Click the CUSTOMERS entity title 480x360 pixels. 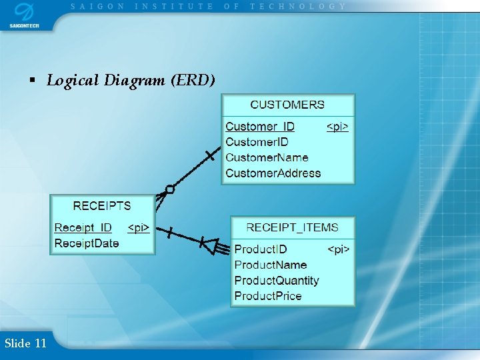click(287, 105)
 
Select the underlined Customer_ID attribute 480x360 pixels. click(260, 127)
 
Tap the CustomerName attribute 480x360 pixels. click(267, 157)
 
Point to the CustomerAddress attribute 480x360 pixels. click(273, 173)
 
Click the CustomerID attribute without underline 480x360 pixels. click(257, 142)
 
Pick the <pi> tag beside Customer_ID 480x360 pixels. click(337, 127)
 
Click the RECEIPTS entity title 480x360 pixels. click(102, 206)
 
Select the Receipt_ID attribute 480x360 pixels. click(83, 228)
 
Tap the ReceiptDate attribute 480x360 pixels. click(87, 243)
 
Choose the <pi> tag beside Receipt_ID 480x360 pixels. click(139, 228)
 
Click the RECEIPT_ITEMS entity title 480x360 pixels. click(293, 227)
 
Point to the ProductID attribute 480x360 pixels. click(261, 249)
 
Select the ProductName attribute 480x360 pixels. click(271, 265)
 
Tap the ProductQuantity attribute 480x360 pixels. click(277, 281)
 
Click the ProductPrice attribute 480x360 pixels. click(268, 296)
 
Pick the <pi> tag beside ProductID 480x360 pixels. click(338, 249)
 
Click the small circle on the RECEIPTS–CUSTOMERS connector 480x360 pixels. click(170, 189)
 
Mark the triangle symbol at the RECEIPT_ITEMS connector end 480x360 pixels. click(210, 246)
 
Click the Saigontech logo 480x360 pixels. click(24, 15)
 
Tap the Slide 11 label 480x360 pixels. click(25, 343)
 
